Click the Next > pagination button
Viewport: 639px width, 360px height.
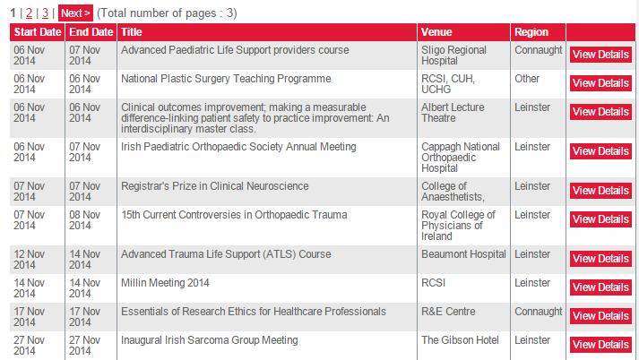[75, 13]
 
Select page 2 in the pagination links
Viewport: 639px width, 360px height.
[29, 13]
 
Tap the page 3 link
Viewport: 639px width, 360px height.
[45, 13]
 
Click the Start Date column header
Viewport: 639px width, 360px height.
[38, 32]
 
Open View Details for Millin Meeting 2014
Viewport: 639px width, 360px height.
[600, 287]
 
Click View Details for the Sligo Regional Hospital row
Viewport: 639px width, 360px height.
[600, 55]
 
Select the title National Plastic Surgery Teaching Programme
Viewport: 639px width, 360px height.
[226, 79]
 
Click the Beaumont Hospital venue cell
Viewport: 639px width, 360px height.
[463, 254]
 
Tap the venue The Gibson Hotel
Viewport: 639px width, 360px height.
[460, 340]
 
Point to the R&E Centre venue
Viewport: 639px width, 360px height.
[448, 312]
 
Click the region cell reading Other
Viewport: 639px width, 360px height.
[527, 79]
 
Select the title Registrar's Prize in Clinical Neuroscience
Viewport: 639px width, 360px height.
[215, 186]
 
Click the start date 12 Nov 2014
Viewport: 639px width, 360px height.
[30, 260]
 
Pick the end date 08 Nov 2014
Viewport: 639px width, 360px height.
[85, 220]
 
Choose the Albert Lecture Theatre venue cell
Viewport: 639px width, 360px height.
[453, 113]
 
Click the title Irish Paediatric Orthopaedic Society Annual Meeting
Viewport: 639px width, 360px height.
[238, 147]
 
